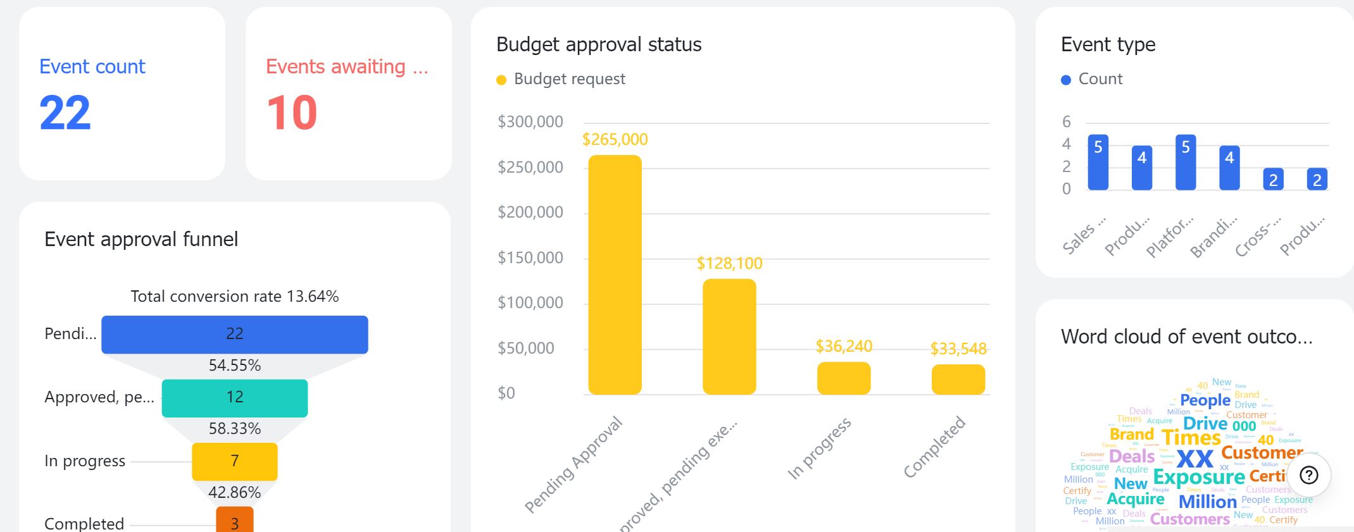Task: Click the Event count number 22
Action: tap(65, 113)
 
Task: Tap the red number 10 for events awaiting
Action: tap(292, 113)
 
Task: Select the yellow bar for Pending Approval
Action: tap(615, 275)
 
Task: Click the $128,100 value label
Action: tap(729, 263)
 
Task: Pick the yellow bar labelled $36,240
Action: tap(844, 378)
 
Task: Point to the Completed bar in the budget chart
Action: tap(958, 380)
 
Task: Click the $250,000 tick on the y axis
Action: tap(530, 167)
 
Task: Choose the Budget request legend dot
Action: tap(501, 80)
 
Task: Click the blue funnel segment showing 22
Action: tap(234, 334)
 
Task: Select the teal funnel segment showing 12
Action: tap(234, 398)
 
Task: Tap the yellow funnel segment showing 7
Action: tap(234, 461)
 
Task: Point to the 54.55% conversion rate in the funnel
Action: tap(234, 366)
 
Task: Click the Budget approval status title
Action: tap(598, 44)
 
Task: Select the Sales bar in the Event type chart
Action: tap(1098, 163)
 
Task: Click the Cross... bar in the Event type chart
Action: tap(1273, 179)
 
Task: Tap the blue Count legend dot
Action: tap(1066, 80)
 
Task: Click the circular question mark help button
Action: tap(1308, 475)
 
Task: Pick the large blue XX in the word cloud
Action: tap(1194, 458)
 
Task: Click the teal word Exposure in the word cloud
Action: tap(1199, 477)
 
